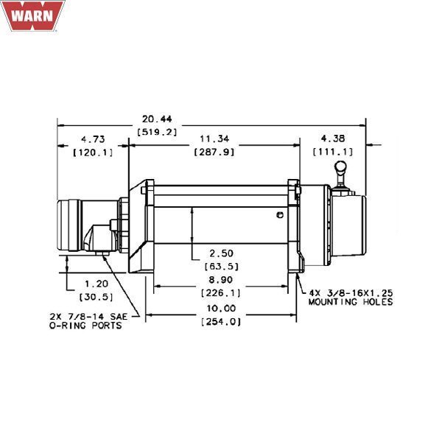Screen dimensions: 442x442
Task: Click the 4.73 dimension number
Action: (91, 139)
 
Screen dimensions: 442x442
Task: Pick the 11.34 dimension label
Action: (213, 139)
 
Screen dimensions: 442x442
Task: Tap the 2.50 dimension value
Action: (222, 253)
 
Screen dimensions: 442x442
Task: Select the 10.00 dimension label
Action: (221, 308)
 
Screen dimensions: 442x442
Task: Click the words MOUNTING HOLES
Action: (351, 302)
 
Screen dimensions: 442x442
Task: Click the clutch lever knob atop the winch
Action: (340, 171)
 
